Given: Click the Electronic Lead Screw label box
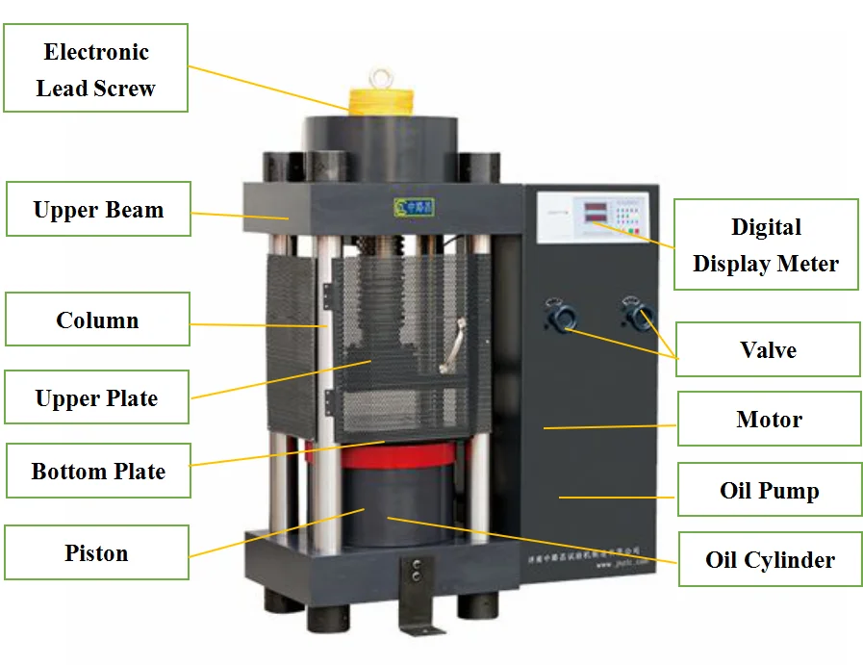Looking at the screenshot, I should pyautogui.click(x=95, y=69).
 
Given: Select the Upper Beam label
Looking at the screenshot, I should pyautogui.click(x=98, y=210).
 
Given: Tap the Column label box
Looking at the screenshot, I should pyautogui.click(x=97, y=320).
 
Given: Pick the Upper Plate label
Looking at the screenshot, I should pyautogui.click(x=96, y=397).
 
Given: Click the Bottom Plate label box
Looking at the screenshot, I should pyautogui.click(x=98, y=471).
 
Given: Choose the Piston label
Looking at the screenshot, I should pyautogui.click(x=96, y=552).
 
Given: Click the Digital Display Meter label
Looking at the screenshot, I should pyautogui.click(x=765, y=244).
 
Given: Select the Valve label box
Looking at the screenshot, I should pyautogui.click(x=768, y=349).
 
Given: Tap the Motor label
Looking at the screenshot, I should pyautogui.click(x=769, y=419).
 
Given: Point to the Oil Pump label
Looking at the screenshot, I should pyautogui.click(x=769, y=490).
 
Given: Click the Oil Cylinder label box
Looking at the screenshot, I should pyautogui.click(x=770, y=559).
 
